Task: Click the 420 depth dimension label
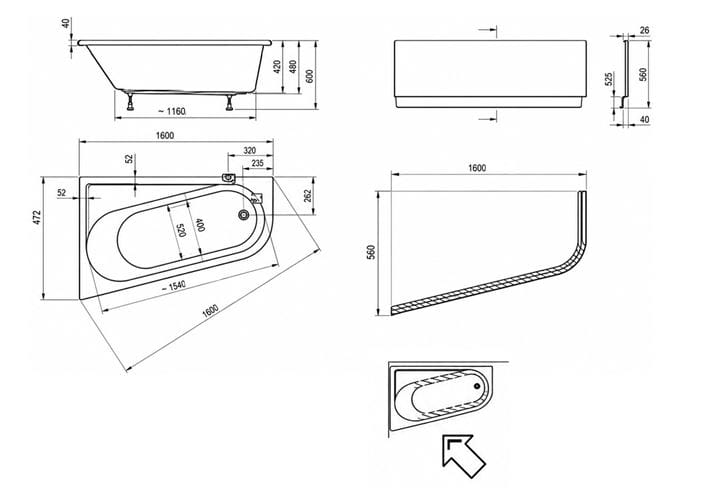tap(277, 67)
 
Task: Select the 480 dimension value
tap(293, 67)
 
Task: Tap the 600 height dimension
tap(310, 76)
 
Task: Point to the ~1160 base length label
tap(171, 111)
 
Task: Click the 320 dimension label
tap(250, 150)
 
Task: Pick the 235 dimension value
tap(257, 163)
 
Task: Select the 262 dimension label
tap(308, 196)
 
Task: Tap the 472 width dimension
tap(37, 217)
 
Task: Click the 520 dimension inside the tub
tap(180, 230)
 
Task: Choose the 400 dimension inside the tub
tap(200, 225)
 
